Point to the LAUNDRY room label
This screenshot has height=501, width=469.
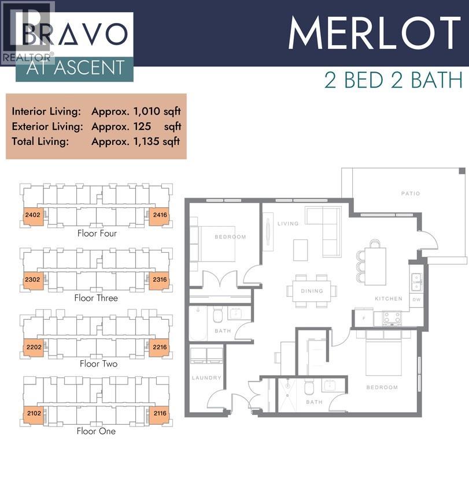pyautogui.click(x=206, y=377)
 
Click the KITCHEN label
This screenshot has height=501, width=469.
pyautogui.click(x=388, y=298)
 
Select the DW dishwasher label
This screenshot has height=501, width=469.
pyautogui.click(x=416, y=299)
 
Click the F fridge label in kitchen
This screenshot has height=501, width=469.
pyautogui.click(x=363, y=318)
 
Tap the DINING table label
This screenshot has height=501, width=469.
pyautogui.click(x=312, y=291)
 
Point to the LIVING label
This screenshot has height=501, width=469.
pyautogui.click(x=287, y=223)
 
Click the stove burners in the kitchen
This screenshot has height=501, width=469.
pyautogui.click(x=393, y=317)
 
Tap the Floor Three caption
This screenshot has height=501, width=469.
pyautogui.click(x=96, y=298)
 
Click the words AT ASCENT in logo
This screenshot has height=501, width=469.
pyautogui.click(x=75, y=68)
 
